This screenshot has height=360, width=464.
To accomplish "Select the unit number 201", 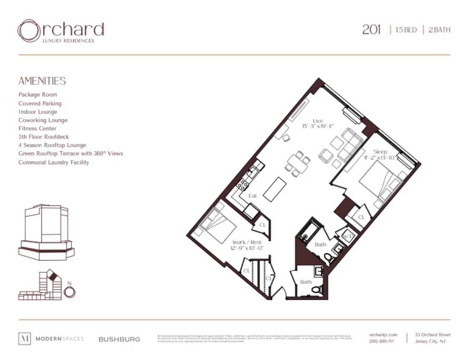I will pos(371,30).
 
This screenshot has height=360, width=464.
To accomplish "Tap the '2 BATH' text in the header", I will pos(439,30).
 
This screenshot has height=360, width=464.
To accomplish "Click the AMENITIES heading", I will pos(42,81).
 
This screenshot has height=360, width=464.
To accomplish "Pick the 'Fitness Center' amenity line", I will pos(37,129).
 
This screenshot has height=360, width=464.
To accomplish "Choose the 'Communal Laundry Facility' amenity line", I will pos(54,162).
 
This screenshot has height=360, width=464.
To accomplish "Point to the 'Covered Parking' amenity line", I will pos(40,104).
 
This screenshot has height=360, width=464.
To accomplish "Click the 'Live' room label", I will pos(318,121).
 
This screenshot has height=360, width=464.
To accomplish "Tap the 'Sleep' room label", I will pos(380,152).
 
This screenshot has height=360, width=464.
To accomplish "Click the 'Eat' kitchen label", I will pos(252,195).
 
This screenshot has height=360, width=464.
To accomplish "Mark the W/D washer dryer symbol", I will pos(348,236).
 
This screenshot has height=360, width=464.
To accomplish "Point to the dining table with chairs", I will pos(298,163).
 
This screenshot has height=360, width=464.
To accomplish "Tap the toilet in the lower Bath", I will pos(317,289).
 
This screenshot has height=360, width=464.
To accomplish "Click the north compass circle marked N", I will pos(70,292).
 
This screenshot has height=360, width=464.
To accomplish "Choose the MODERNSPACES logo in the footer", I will pos(51,339).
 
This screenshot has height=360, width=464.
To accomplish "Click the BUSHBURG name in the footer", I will pos(119,339).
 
